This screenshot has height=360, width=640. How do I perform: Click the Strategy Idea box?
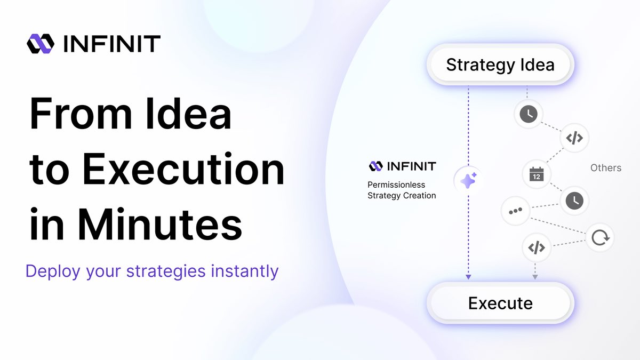point(500,65)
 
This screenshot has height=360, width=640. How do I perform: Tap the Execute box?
point(500,303)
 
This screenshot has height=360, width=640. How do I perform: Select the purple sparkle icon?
point(468,181)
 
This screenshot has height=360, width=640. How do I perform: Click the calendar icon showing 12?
point(537,174)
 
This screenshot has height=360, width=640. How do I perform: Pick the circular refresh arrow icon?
point(600,238)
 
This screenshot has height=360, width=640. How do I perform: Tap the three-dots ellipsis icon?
point(515,211)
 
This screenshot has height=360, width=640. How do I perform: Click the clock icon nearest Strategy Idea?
point(529,114)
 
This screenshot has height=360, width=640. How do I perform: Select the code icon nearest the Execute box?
point(537,247)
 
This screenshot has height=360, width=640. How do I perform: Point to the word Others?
point(606,167)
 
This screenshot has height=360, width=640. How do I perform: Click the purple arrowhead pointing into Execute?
point(468,277)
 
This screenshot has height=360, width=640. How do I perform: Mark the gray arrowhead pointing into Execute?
point(535,277)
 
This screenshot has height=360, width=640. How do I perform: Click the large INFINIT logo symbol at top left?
point(41,44)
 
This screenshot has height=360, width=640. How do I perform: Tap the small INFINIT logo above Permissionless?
point(375,166)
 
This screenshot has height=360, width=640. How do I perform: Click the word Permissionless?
point(396,185)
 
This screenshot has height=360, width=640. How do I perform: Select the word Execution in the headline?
point(183,169)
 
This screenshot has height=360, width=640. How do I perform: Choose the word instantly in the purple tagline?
point(245,271)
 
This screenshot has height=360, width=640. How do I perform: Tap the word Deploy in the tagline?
point(53,271)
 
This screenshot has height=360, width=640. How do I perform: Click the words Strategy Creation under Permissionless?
point(402,196)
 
